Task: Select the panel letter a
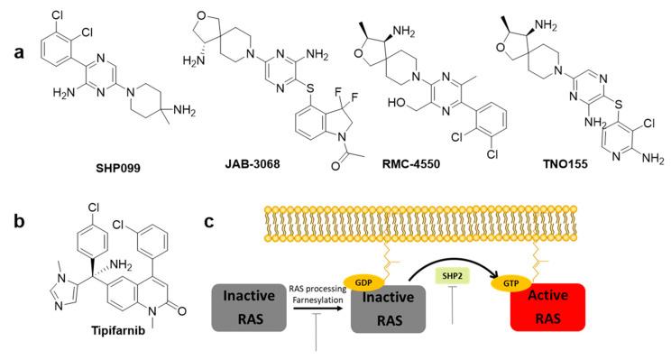click(16, 27)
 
